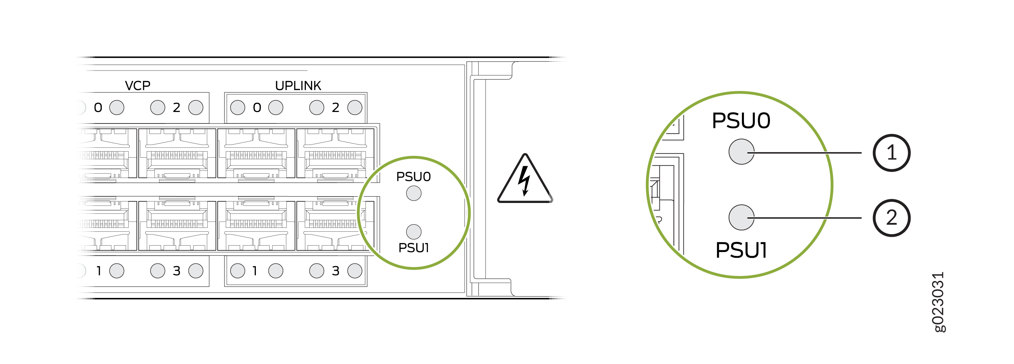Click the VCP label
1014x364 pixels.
137,86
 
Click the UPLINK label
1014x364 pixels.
298,86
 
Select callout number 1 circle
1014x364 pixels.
892,153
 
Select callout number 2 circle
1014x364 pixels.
892,218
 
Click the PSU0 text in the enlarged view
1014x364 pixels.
741,120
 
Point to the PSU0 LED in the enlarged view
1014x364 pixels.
741,152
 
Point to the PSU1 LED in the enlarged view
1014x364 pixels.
741,218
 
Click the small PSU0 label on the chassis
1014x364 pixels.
413,177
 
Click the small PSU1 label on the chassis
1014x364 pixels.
413,248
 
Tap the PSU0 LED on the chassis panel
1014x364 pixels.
414,194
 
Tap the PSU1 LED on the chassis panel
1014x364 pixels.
414,232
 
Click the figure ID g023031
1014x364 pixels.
938,302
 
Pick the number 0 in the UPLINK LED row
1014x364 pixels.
257,108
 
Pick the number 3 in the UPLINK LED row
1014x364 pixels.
335,271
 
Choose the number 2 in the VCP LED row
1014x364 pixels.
176,108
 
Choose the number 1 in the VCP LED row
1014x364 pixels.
99,271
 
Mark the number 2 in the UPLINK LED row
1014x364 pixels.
335,108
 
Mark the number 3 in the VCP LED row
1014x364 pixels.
176,271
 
